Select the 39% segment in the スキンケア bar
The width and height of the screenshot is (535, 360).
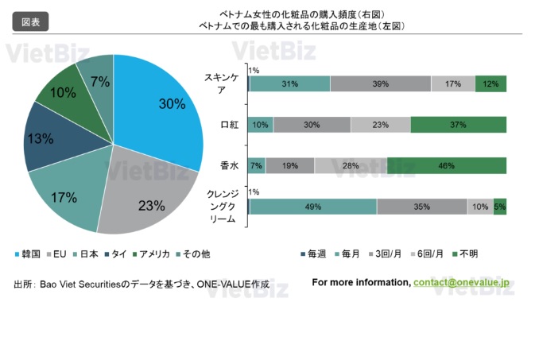(x=380, y=84)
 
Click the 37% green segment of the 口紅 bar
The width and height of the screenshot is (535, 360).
(x=458, y=125)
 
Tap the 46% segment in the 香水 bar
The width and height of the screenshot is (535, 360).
(x=446, y=165)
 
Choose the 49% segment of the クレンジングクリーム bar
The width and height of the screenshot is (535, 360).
(x=312, y=207)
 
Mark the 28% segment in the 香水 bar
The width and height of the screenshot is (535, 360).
(x=351, y=165)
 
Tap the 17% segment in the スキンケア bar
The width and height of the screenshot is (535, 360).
(x=453, y=84)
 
